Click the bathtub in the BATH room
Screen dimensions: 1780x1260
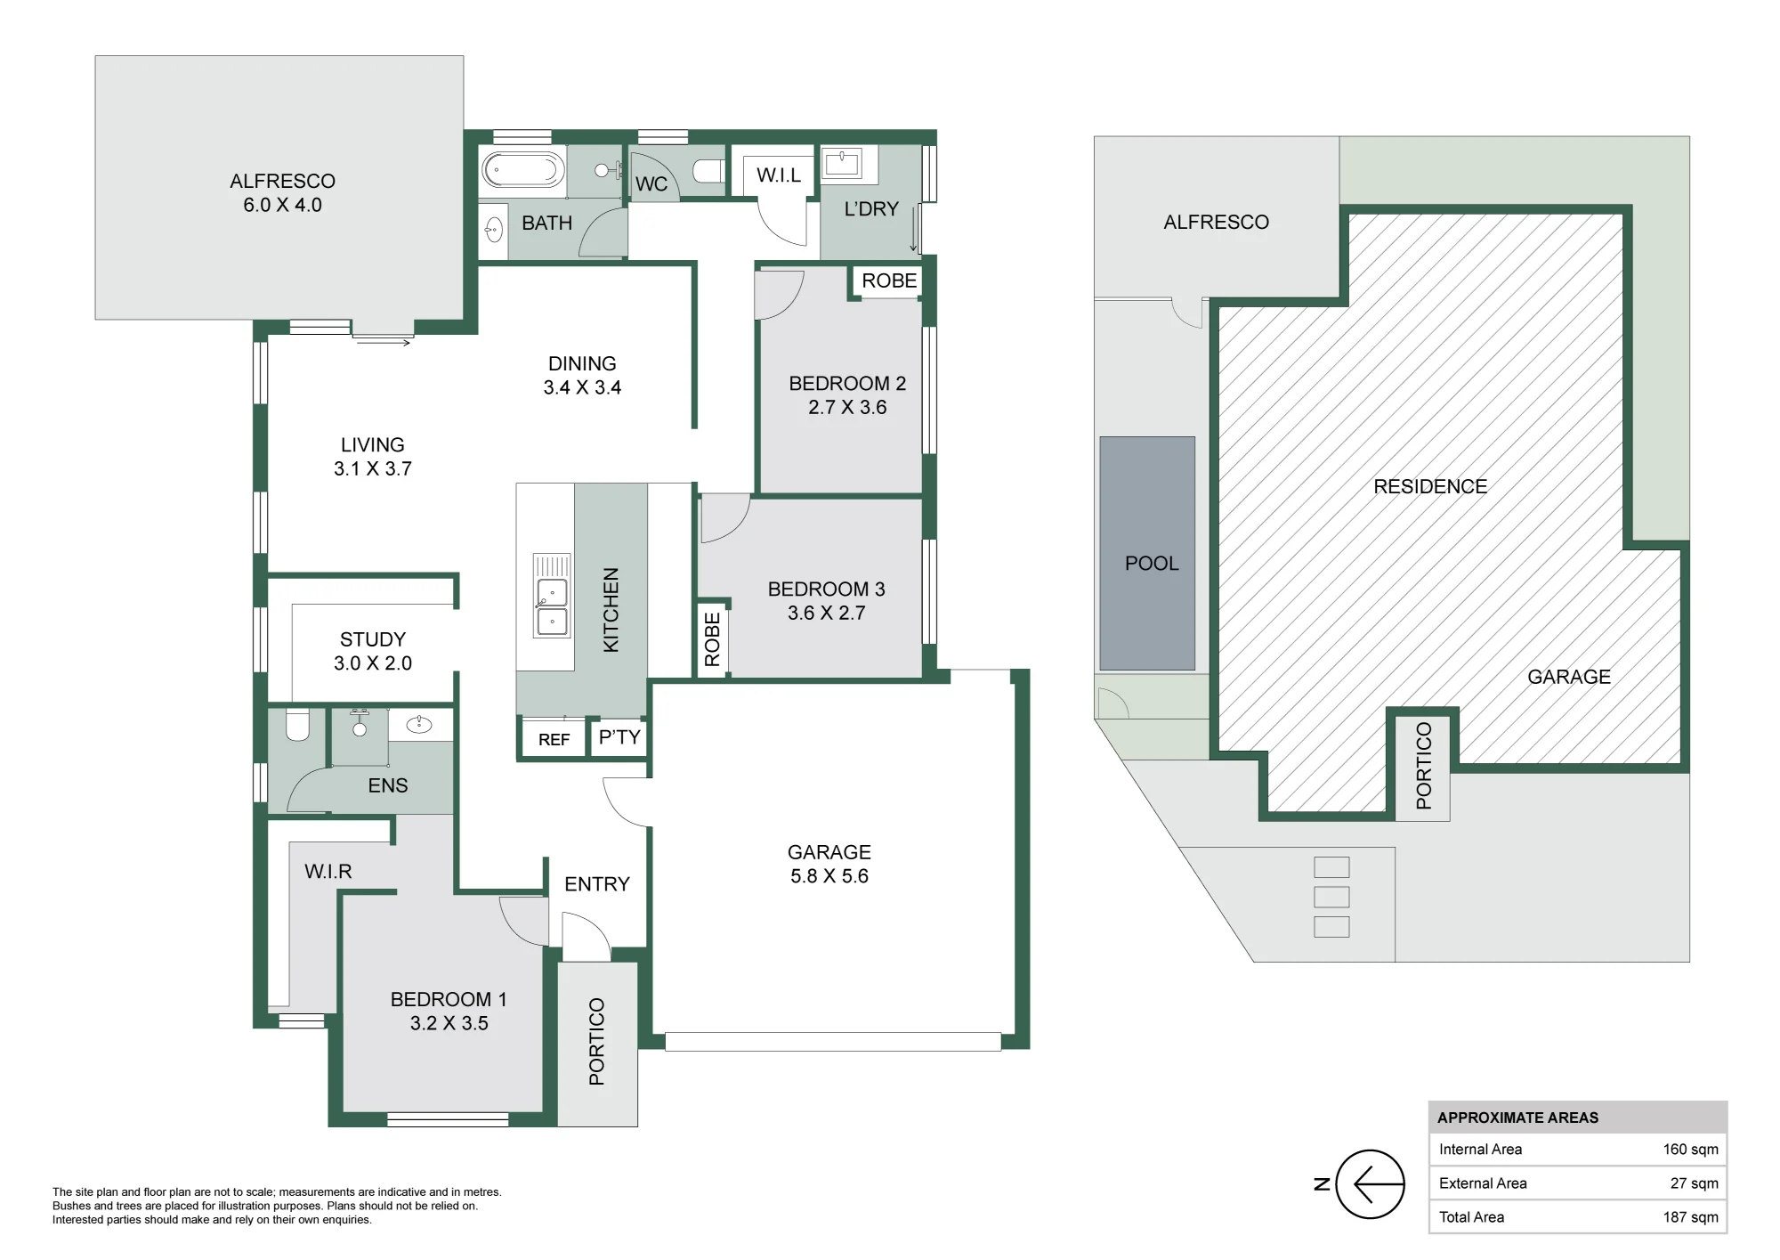522,169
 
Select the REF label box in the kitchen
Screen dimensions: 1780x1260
554,739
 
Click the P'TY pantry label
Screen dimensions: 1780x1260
619,737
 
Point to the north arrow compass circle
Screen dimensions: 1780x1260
1371,1184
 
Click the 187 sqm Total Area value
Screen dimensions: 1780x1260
1690,1217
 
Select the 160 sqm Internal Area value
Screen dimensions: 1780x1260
1690,1150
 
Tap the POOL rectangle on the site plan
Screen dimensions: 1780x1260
1147,553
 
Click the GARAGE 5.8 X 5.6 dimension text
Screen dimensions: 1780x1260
829,876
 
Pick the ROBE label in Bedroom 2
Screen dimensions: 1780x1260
889,280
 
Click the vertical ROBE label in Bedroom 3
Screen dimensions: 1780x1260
712,639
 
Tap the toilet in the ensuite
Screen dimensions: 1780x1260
297,725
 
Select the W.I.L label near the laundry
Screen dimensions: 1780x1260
779,175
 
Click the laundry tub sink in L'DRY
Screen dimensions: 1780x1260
841,164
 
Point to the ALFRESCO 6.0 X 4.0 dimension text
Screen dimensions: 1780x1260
283,205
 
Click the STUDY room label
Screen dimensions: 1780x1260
373,639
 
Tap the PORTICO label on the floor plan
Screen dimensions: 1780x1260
596,1042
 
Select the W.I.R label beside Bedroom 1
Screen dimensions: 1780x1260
328,872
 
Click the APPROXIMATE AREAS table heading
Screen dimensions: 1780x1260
1517,1118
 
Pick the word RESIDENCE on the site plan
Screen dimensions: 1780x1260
1430,486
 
